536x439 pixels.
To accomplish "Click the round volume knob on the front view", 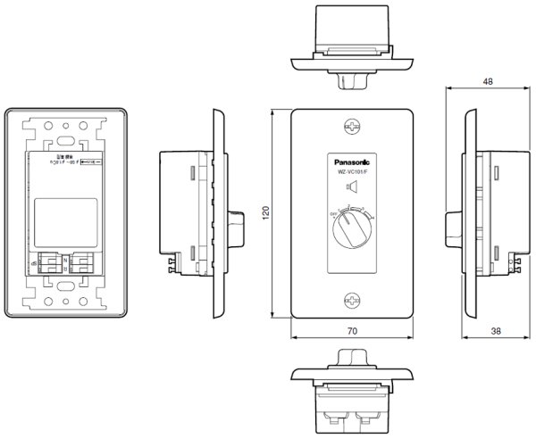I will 351,232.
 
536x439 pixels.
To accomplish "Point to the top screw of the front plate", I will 351,128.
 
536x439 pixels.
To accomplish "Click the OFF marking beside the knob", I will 332,215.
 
